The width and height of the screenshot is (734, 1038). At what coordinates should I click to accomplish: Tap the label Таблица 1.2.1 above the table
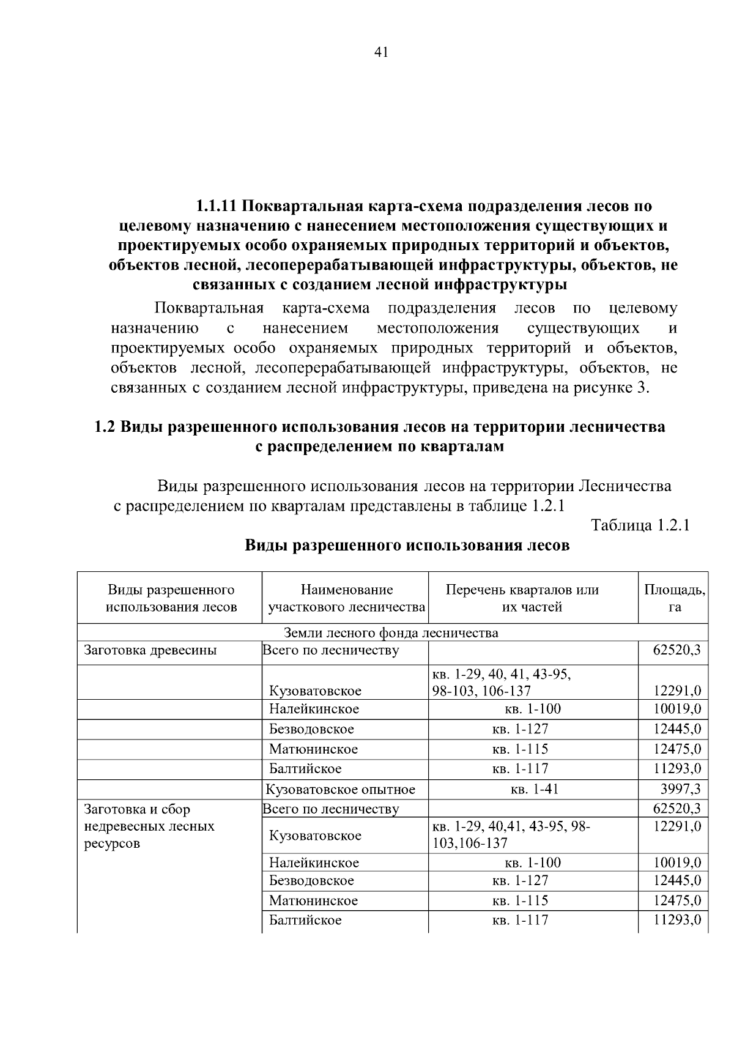tap(640, 525)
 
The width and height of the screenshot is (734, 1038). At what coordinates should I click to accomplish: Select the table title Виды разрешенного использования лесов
tap(407, 545)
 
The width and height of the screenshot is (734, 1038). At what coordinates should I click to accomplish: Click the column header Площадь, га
tap(674, 598)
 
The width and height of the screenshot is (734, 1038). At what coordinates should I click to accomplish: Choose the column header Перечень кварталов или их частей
tap(522, 598)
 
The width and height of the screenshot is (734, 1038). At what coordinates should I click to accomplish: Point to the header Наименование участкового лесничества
tap(346, 598)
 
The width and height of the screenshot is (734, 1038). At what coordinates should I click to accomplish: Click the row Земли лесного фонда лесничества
tap(391, 632)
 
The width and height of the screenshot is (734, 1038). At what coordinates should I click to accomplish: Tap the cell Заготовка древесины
tap(150, 650)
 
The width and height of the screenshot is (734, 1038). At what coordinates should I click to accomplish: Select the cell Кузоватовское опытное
tap(342, 789)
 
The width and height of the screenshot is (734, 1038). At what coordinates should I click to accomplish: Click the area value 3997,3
tap(677, 789)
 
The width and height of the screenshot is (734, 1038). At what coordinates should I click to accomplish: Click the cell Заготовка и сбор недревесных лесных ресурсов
tap(149, 826)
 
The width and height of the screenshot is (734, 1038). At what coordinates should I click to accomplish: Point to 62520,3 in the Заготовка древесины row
tap(677, 650)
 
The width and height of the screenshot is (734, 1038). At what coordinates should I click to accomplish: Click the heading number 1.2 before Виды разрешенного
tap(105, 426)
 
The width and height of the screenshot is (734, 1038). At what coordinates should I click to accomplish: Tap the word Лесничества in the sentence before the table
tap(625, 486)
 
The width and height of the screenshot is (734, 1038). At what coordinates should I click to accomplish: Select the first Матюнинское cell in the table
tap(313, 749)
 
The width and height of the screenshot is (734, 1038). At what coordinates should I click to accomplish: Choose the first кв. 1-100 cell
tap(532, 709)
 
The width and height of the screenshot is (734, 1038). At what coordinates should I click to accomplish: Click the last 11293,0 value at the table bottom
tap(677, 920)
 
